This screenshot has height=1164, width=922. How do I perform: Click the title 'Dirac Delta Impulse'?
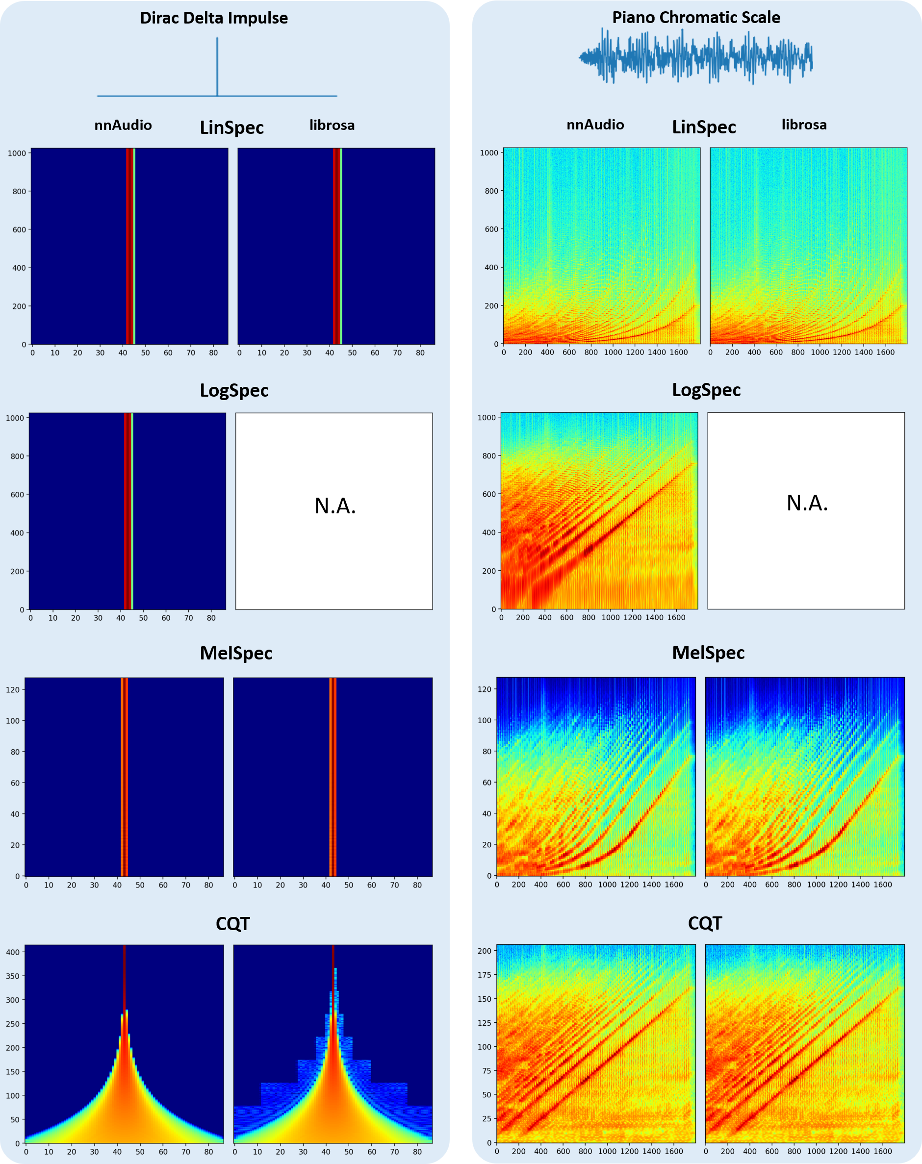tap(214, 18)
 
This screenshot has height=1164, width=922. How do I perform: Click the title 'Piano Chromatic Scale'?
tap(696, 17)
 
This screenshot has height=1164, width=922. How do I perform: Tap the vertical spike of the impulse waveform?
tap(217, 65)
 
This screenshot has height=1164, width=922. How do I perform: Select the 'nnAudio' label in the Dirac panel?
tap(123, 125)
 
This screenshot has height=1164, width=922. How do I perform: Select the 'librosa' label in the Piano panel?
tap(804, 125)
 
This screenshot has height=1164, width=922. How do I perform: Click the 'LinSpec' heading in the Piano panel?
tap(703, 127)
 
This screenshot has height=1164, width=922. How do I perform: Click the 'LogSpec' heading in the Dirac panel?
tap(234, 390)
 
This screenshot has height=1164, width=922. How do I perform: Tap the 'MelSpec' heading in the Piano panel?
tap(708, 653)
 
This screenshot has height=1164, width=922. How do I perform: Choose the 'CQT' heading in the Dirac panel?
tap(232, 924)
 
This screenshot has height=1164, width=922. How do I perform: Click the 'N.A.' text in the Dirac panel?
tap(335, 506)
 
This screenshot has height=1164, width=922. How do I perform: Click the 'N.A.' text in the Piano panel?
tap(807, 503)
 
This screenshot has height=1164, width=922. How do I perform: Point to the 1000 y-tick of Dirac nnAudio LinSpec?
tap(17, 153)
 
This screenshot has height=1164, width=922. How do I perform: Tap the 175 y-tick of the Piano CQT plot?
tap(484, 975)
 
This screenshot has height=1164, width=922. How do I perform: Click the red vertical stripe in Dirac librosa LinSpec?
tap(336, 246)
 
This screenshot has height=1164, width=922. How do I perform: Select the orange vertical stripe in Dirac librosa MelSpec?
tap(333, 777)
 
